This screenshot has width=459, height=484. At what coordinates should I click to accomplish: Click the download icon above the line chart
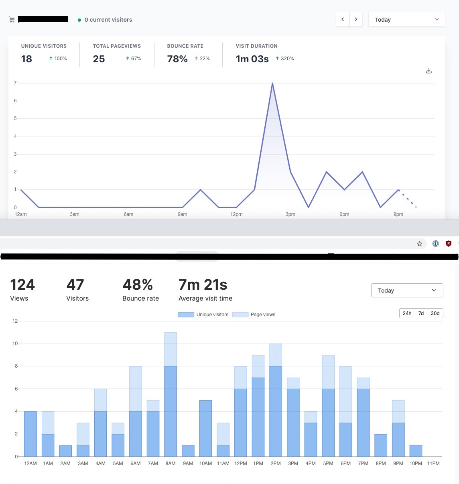tap(429, 71)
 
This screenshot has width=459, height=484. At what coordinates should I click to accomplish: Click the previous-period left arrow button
tap(343, 19)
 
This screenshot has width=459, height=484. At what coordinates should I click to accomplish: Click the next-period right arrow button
tap(356, 19)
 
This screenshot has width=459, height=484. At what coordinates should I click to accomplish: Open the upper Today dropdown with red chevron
tap(406, 19)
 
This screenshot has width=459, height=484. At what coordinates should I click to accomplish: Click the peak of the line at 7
tap(272, 83)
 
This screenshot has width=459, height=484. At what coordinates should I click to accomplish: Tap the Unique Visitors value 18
tap(26, 59)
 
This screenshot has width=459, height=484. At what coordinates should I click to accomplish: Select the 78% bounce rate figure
tap(177, 59)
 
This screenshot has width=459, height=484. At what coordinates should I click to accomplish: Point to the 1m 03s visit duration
tap(252, 59)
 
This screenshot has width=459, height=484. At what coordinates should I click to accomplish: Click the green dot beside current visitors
tap(79, 20)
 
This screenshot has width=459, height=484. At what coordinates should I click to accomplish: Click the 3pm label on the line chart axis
tap(290, 214)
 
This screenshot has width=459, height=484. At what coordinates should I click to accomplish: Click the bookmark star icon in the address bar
tap(420, 244)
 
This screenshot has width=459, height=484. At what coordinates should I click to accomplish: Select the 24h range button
tap(407, 313)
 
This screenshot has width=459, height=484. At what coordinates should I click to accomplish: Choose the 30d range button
tap(435, 313)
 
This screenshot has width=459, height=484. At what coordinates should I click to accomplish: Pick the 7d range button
tap(421, 313)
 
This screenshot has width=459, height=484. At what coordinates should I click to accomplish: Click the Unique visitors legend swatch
tap(186, 315)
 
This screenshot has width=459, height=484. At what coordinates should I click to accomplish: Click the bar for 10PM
tap(416, 451)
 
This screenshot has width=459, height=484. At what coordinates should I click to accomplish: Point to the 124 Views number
tap(22, 285)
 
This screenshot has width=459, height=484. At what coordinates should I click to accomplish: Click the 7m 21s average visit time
tap(203, 285)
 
